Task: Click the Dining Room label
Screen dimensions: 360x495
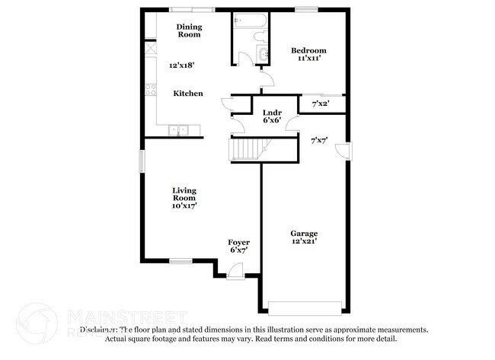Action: click(189, 30)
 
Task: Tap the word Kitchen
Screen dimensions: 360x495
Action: click(188, 94)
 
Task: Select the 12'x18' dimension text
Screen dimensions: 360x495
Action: click(182, 65)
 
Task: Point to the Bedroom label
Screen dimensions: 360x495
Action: click(308, 51)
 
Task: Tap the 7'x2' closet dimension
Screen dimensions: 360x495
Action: click(320, 102)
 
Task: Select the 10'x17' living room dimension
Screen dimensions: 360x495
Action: click(185, 206)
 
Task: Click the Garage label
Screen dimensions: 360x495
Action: click(304, 233)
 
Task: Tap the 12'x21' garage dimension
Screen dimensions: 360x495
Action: click(304, 241)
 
